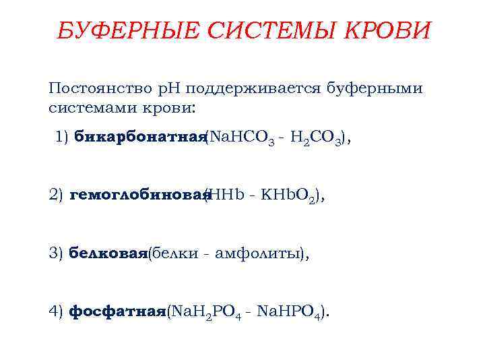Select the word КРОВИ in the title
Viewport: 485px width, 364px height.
coord(387,31)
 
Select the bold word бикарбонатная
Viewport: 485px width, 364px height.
coord(139,138)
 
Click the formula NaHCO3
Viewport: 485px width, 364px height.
coord(240,139)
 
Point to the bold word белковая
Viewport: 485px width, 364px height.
coord(108,253)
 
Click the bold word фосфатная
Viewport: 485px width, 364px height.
coord(117,311)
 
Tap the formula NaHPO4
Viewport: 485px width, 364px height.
coord(292,312)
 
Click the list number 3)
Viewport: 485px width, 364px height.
coord(56,253)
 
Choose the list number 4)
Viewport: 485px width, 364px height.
coord(56,311)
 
